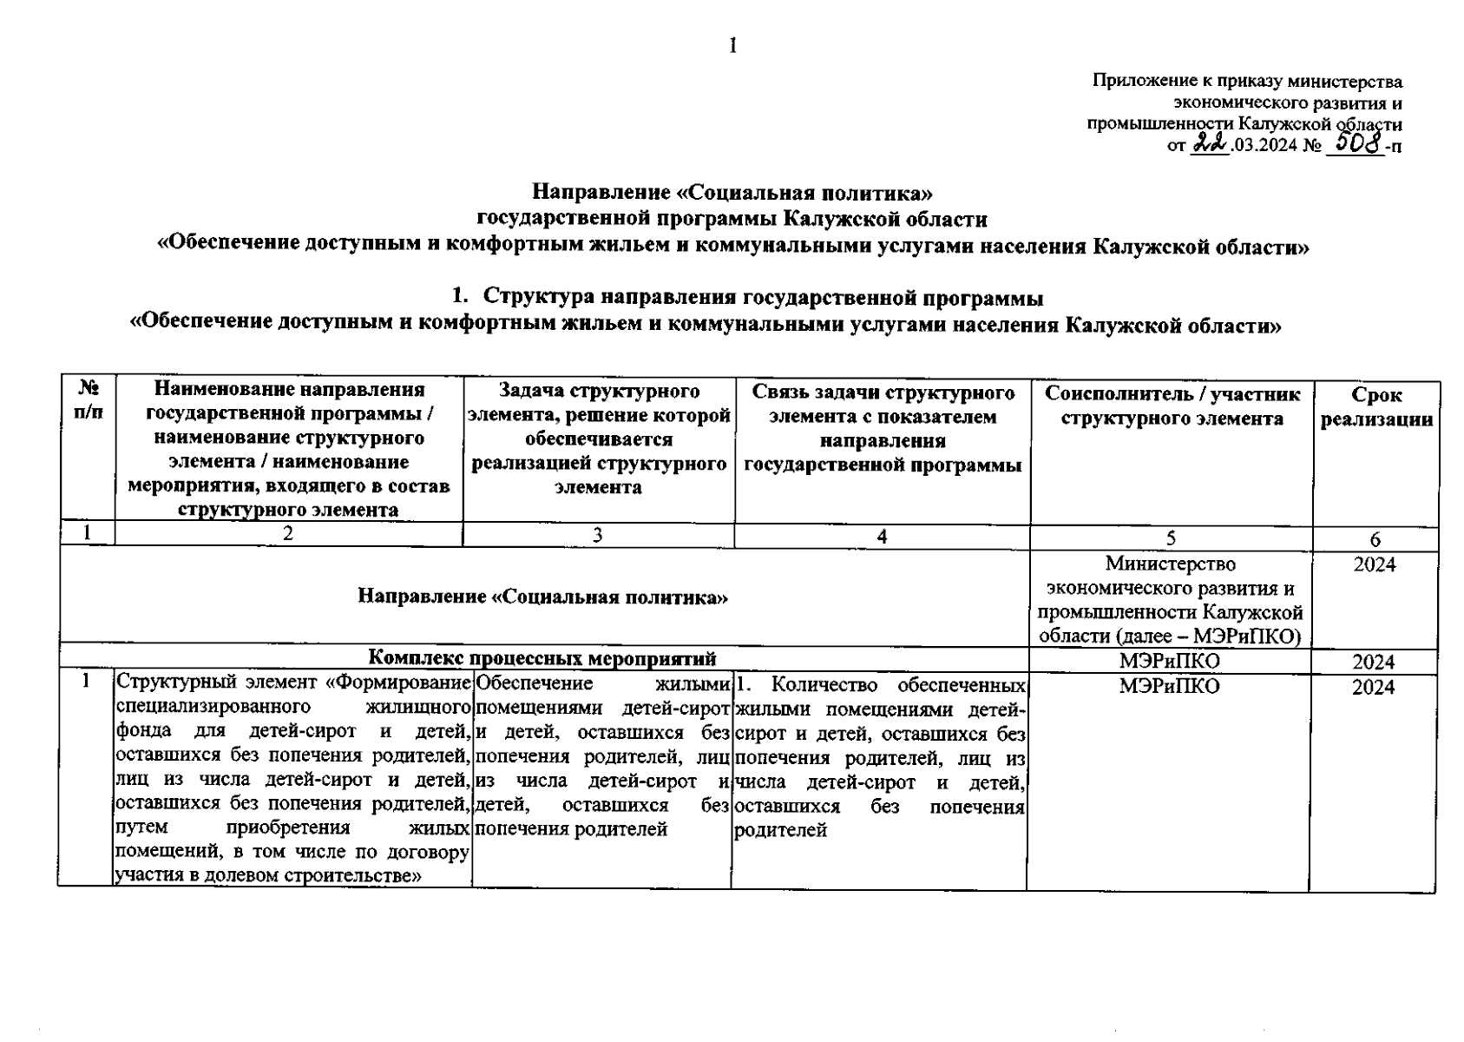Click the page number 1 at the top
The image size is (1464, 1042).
[x=733, y=46]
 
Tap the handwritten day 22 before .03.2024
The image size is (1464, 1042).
[x=1209, y=145]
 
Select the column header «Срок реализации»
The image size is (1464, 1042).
[x=1375, y=407]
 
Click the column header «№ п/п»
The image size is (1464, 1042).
[x=88, y=401]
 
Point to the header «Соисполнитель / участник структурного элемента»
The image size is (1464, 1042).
[x=1172, y=406]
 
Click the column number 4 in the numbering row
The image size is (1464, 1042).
[x=882, y=537]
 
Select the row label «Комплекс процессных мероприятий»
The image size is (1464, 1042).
[x=542, y=659]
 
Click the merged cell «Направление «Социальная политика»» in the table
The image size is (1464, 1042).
[x=542, y=597]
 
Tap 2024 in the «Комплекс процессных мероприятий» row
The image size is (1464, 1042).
[x=1374, y=663]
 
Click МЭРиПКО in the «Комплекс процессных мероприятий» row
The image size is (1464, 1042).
[x=1169, y=662]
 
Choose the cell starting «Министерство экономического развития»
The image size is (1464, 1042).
[x=1171, y=600]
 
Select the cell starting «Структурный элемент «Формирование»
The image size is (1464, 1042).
[x=293, y=778]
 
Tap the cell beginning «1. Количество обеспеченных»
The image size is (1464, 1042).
[x=880, y=758]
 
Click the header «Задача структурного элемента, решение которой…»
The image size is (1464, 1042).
[x=599, y=439]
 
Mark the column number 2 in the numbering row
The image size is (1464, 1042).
[x=288, y=534]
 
